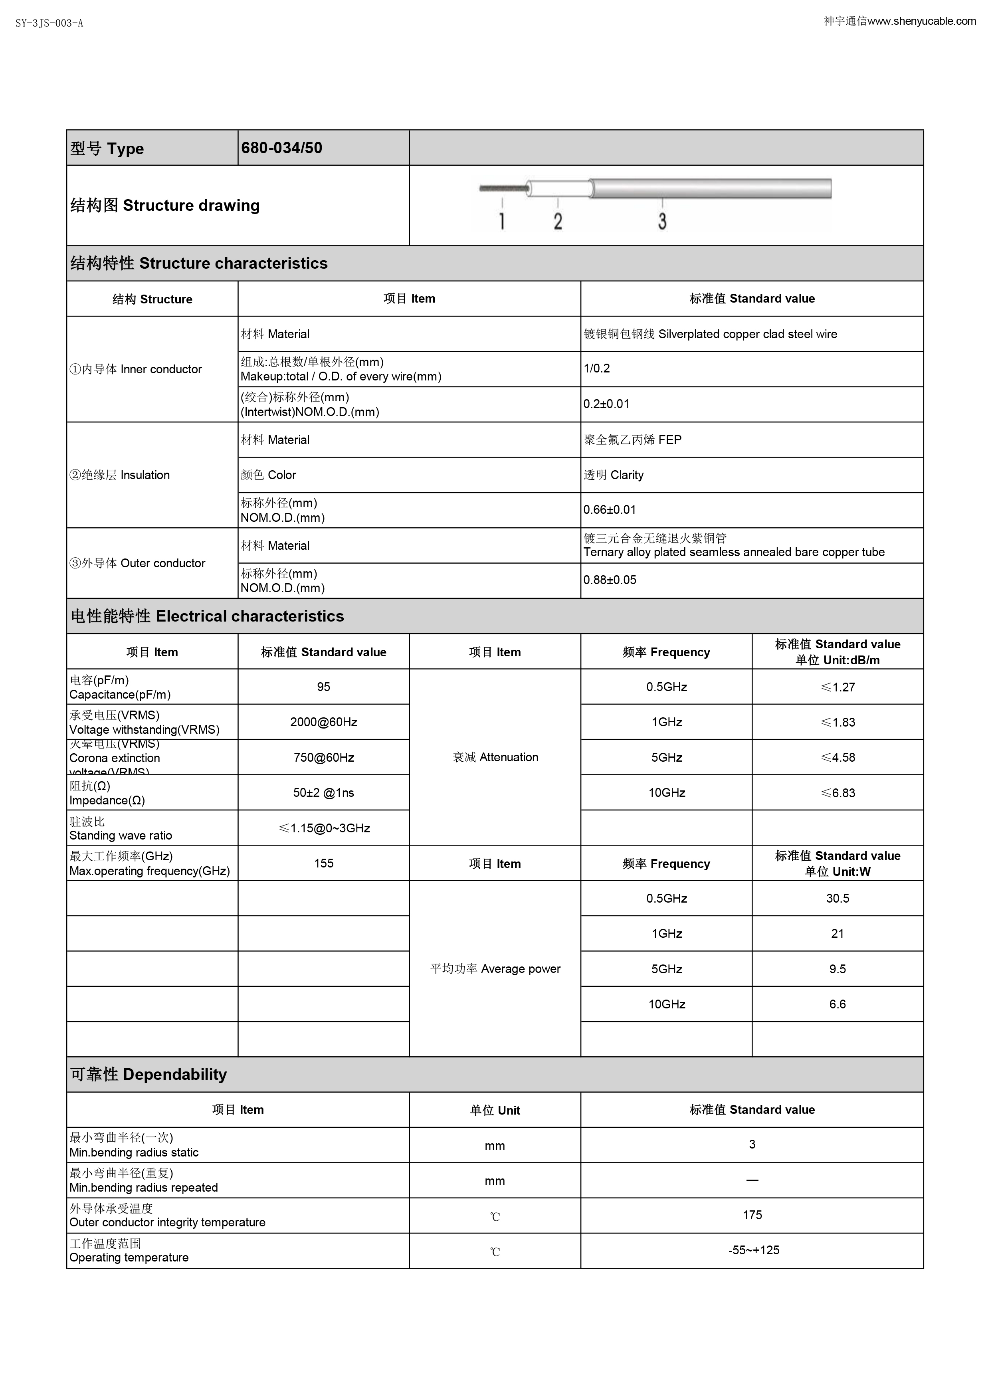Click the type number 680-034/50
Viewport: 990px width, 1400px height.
click(282, 148)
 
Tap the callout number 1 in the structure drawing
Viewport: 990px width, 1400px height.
click(502, 221)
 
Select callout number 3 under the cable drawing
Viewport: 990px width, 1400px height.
click(662, 221)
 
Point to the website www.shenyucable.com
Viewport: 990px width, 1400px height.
click(921, 21)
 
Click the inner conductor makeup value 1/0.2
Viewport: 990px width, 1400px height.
click(597, 369)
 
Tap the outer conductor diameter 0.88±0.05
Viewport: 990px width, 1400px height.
click(610, 580)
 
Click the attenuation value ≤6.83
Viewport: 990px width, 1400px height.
click(838, 793)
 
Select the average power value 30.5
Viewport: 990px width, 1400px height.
click(838, 899)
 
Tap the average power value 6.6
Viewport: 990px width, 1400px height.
click(838, 1004)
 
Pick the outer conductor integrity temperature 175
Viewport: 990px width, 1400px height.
click(752, 1215)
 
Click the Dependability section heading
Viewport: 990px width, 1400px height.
click(149, 1074)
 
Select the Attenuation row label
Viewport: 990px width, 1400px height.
click(495, 757)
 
